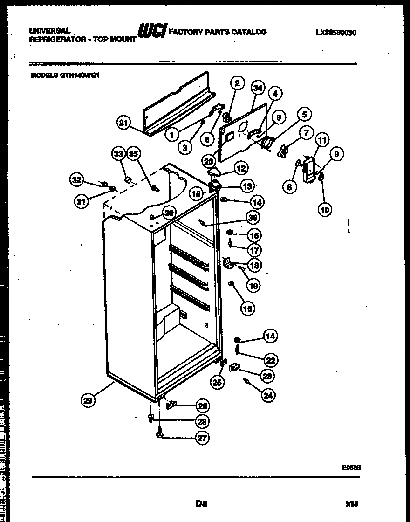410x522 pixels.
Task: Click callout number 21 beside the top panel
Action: [x=123, y=123]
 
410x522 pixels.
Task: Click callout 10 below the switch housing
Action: [x=325, y=210]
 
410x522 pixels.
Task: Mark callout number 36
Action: [x=253, y=217]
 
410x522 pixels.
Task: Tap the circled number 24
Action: [x=268, y=395]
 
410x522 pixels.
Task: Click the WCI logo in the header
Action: [x=152, y=31]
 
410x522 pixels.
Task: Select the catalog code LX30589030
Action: [x=336, y=33]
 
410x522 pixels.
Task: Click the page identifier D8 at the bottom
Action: [x=201, y=503]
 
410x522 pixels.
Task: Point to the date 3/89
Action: [x=352, y=504]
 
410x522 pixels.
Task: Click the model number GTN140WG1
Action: [x=79, y=74]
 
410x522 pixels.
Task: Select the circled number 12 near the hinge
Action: [x=241, y=168]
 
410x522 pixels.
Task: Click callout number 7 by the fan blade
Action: [x=306, y=134]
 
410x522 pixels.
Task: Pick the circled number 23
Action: [x=267, y=376]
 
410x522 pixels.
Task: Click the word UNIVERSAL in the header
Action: [x=49, y=31]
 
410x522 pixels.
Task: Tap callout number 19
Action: [x=253, y=285]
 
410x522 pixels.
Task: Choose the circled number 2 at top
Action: [x=237, y=84]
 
